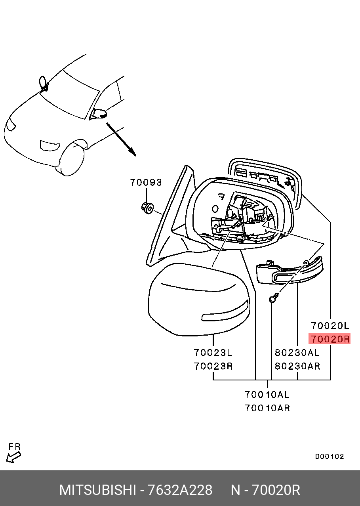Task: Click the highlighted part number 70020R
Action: [330, 339]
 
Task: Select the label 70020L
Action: [330, 326]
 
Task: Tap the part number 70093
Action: [146, 183]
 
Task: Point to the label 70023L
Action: [213, 352]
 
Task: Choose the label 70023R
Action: [213, 366]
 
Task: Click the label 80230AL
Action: [297, 352]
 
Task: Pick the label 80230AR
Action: [297, 366]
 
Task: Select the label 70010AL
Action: [267, 395]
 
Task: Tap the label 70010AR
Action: [267, 408]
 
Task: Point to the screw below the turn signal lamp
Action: [273, 298]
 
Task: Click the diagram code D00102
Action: [329, 456]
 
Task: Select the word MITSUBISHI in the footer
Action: [97, 490]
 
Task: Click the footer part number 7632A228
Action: [180, 490]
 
